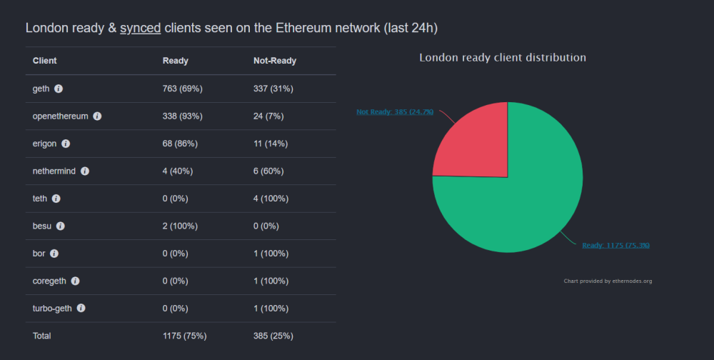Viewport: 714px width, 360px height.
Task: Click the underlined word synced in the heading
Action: click(x=140, y=29)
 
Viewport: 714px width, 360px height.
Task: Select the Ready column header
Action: click(x=176, y=61)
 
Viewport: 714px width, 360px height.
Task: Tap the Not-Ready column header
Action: click(x=275, y=61)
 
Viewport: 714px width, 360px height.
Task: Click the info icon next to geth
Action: click(x=59, y=89)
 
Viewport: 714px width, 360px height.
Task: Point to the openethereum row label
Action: click(x=60, y=116)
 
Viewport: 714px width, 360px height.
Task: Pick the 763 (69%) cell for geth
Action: click(x=183, y=89)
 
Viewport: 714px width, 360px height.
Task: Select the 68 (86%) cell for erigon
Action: click(x=180, y=144)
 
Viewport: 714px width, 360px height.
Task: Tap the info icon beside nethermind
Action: click(x=85, y=171)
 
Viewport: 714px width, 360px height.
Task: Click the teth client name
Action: click(x=40, y=199)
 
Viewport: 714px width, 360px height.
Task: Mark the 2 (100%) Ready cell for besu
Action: click(x=180, y=226)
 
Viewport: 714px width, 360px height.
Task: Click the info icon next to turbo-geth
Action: click(x=81, y=308)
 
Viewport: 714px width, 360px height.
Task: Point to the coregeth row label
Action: click(x=49, y=281)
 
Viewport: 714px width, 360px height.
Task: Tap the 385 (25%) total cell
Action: click(x=273, y=336)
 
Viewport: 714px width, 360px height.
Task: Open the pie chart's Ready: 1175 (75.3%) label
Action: click(x=615, y=246)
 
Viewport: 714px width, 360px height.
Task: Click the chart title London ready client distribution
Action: click(x=503, y=57)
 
